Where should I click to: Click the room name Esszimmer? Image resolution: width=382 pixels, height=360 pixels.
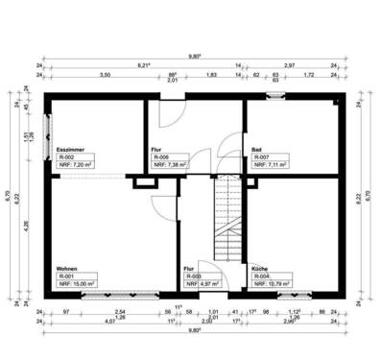pyautogui.click(x=71, y=150)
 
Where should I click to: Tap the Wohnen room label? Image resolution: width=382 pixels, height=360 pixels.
pyautogui.click(x=66, y=269)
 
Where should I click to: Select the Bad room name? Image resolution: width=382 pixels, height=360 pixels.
pyautogui.click(x=256, y=150)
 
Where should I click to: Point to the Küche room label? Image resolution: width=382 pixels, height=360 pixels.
pyautogui.click(x=259, y=269)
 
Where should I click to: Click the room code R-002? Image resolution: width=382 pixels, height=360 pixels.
pyautogui.click(x=66, y=157)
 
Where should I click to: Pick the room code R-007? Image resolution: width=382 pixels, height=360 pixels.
pyautogui.click(x=261, y=157)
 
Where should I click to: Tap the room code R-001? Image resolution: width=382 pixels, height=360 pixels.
pyautogui.click(x=66, y=276)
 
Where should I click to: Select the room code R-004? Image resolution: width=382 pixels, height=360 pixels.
pyautogui.click(x=261, y=276)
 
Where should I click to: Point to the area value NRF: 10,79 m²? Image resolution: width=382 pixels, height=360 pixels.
pyautogui.click(x=273, y=284)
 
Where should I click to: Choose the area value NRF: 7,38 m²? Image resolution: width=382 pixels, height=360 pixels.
pyautogui.click(x=173, y=165)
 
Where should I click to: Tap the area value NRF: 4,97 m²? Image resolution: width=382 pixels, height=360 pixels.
pyautogui.click(x=203, y=284)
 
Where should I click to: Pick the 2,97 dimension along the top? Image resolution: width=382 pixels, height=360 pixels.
pyautogui.click(x=289, y=64)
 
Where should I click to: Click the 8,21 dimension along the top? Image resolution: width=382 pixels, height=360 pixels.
pyautogui.click(x=144, y=64)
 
